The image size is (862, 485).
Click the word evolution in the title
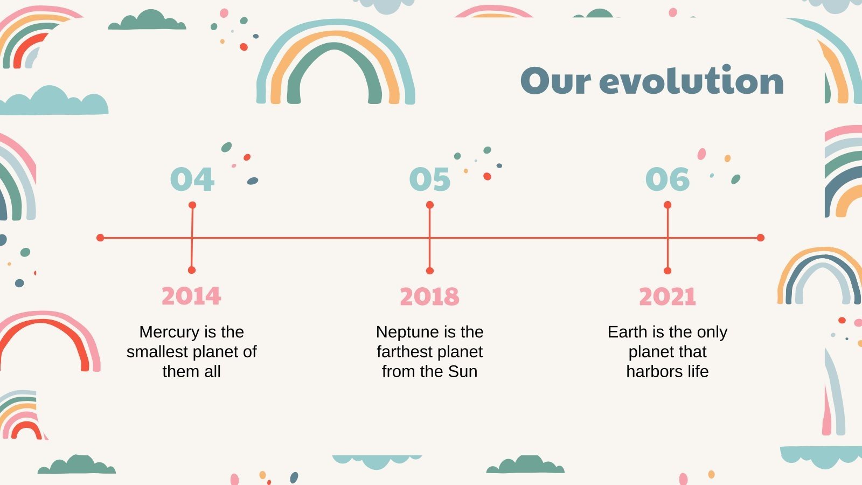pos(691,80)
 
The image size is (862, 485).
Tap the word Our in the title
pos(555,81)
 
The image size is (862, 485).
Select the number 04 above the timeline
pos(192,179)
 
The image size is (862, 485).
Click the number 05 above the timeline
pos(429,179)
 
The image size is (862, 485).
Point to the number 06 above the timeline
pos(668,179)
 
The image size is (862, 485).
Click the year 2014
pos(191,296)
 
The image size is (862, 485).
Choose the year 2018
pos(429,296)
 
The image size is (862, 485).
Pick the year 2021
pos(668,296)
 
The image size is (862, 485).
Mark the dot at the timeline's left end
pos(100,238)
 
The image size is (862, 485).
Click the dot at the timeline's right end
pos(760,238)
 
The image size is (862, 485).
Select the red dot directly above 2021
pos(668,271)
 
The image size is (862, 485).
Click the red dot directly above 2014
pos(192,270)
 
